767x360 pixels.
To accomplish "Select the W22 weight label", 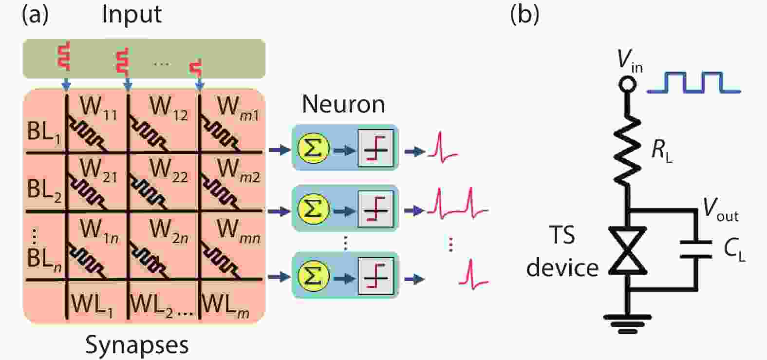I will tap(168, 170).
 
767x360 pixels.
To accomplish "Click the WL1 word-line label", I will tap(92, 305).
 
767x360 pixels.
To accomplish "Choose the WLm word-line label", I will tap(225, 305).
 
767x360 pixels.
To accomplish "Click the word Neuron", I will tap(343, 104).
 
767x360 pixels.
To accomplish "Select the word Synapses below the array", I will tap(137, 345).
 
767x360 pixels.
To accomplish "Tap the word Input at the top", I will tap(131, 15).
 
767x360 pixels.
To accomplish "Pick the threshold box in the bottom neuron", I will tap(375, 276).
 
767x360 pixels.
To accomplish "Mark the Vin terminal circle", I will tap(627, 85).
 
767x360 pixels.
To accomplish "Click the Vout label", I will tap(720, 210).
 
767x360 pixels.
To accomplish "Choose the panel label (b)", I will tap(524, 15).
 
